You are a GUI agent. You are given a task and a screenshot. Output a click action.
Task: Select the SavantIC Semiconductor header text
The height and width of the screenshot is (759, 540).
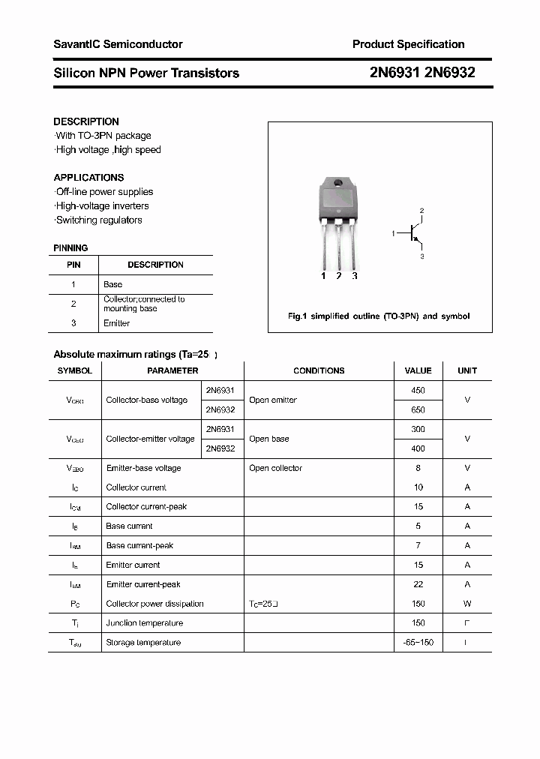click(118, 44)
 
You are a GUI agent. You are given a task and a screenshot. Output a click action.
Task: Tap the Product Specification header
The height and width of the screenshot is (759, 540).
click(408, 44)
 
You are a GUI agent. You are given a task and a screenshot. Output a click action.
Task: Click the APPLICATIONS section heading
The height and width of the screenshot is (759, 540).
click(88, 178)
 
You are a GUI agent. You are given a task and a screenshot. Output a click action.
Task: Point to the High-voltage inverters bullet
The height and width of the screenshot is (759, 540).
click(102, 206)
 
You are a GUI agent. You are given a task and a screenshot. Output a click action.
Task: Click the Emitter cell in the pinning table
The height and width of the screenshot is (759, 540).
click(116, 323)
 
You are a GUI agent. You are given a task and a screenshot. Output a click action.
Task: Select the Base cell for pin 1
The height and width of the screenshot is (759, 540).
click(112, 284)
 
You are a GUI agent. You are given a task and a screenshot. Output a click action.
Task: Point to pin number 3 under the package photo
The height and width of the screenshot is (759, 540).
click(355, 276)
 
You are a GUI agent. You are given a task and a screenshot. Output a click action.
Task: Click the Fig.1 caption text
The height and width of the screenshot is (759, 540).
click(379, 316)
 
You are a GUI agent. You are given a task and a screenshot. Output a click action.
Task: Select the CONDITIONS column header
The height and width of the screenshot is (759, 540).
click(319, 370)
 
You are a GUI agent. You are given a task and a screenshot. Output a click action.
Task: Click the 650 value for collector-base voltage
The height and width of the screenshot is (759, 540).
click(418, 410)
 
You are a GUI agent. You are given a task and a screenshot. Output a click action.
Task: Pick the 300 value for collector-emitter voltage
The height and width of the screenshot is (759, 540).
click(418, 430)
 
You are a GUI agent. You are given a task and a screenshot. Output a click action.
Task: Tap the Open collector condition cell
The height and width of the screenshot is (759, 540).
click(275, 468)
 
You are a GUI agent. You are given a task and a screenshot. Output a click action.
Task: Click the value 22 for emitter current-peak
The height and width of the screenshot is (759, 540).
click(418, 584)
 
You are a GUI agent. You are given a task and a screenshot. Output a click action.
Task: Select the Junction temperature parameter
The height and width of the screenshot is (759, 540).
click(144, 623)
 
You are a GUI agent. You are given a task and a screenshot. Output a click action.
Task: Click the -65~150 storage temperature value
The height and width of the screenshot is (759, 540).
click(418, 643)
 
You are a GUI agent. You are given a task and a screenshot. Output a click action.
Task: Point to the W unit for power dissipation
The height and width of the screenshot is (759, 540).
click(467, 604)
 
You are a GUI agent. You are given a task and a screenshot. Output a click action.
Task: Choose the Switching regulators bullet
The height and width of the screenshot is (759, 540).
click(99, 220)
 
